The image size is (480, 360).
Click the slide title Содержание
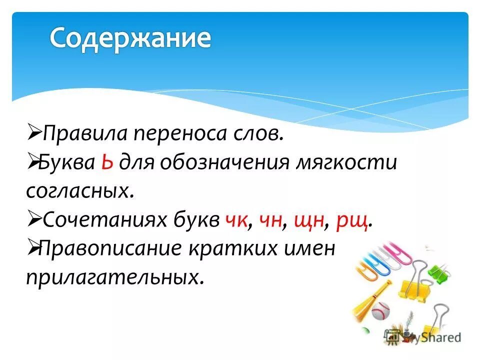tap(130, 38)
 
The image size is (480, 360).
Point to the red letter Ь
tap(106, 163)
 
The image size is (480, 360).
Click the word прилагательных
tap(115, 276)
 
